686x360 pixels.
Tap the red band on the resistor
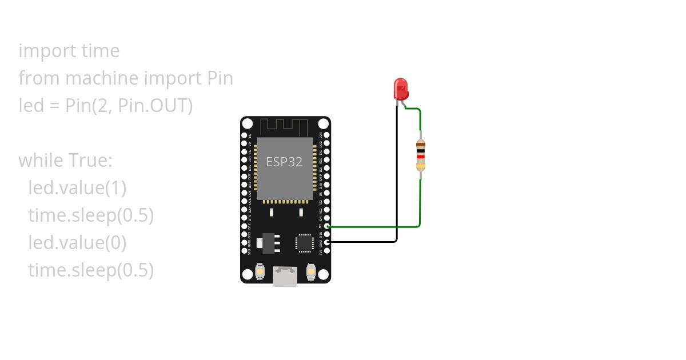click(421, 155)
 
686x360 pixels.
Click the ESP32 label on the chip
click(284, 162)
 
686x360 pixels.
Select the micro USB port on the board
click(285, 277)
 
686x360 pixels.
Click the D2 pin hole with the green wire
click(326, 226)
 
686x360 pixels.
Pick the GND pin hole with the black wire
click(326, 242)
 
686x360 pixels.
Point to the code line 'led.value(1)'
click(77, 188)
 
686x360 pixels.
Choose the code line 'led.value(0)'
click(77, 243)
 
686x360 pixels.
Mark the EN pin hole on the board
click(245, 136)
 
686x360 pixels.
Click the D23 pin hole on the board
click(326, 136)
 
